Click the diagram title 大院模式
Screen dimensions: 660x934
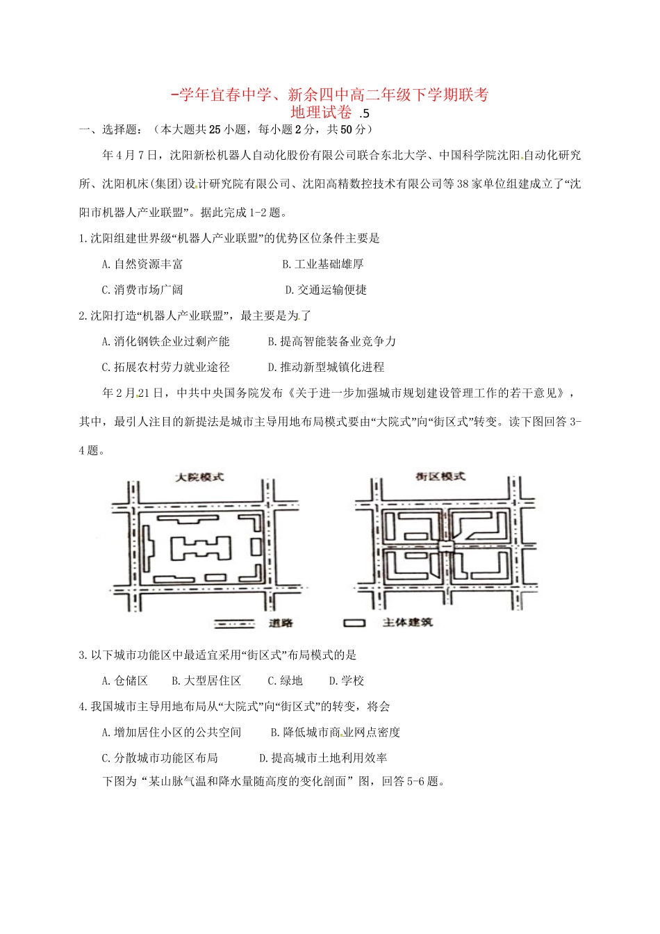click(199, 477)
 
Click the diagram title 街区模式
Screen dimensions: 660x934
click(440, 477)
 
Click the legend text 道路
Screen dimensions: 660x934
click(281, 623)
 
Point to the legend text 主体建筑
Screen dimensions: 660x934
click(407, 623)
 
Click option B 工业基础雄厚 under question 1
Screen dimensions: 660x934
click(323, 264)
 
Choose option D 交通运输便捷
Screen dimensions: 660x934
click(326, 290)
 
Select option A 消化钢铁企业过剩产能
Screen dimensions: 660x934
click(165, 341)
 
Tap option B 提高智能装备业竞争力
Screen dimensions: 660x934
click(331, 341)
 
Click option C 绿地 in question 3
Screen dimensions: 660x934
click(285, 681)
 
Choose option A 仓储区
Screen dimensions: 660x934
click(125, 681)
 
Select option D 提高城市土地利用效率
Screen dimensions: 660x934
click(323, 758)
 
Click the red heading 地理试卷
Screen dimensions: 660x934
click(321, 112)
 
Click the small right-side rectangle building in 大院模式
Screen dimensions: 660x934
click(256, 547)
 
